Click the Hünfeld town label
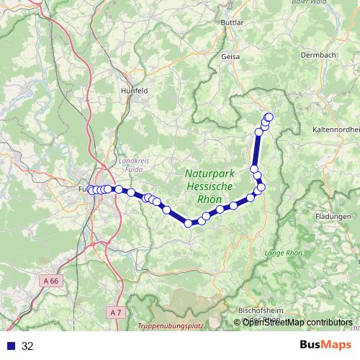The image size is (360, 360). click(x=133, y=91)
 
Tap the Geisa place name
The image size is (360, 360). click(x=231, y=55)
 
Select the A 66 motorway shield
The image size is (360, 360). click(x=50, y=281)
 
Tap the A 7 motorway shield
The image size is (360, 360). click(x=117, y=312)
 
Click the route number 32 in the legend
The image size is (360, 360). click(x=28, y=346)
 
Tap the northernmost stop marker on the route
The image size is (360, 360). click(x=269, y=117)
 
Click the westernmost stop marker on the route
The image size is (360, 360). click(x=91, y=190)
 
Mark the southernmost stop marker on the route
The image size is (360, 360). click(x=189, y=223)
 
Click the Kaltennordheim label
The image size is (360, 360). click(x=336, y=128)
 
